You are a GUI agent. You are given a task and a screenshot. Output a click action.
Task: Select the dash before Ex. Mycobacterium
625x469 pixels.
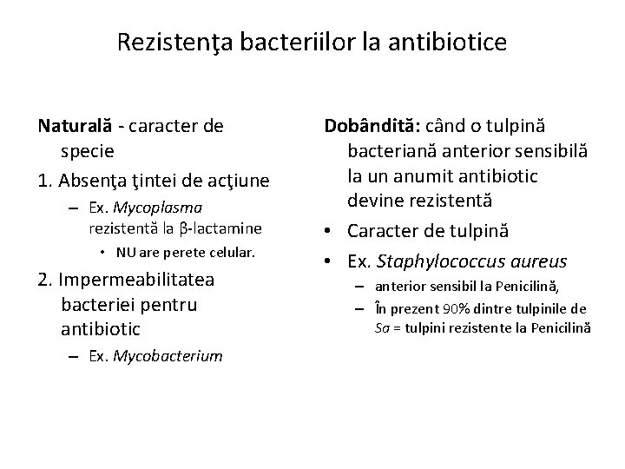click(x=76, y=356)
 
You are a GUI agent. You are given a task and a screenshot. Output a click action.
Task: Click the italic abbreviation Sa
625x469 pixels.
click(x=382, y=327)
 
